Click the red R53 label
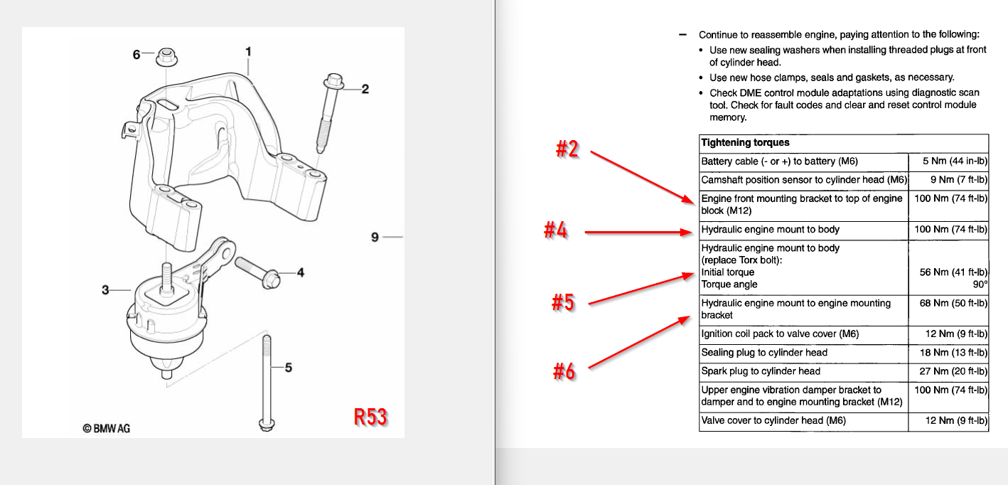[370, 417]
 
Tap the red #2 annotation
[567, 150]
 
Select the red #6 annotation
[564, 371]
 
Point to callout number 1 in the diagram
[248, 51]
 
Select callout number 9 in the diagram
[375, 237]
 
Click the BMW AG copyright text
[107, 428]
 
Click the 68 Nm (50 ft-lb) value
[950, 304]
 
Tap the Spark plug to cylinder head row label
[761, 371]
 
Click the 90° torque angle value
[980, 284]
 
